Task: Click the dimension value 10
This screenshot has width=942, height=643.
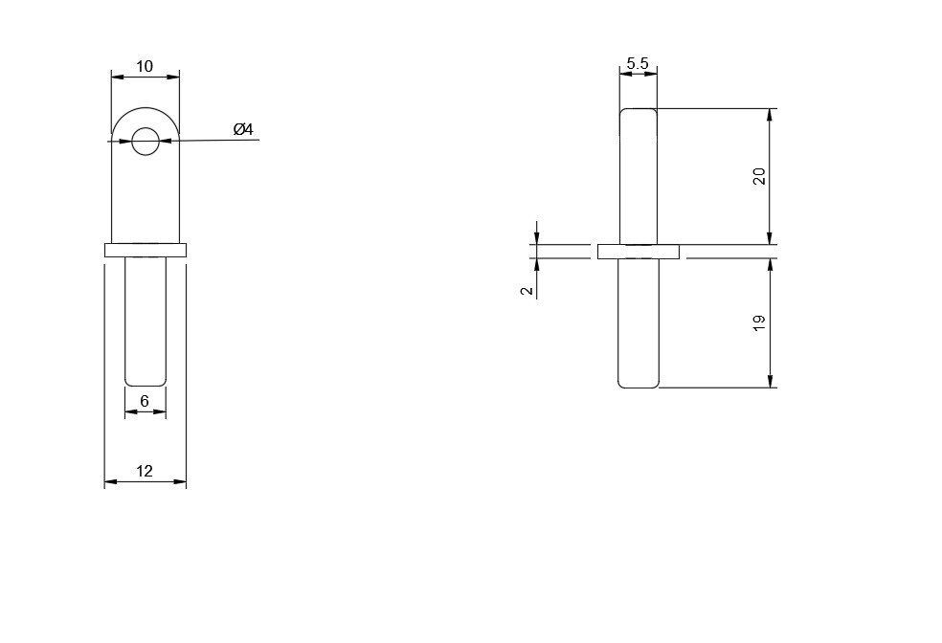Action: coord(145,66)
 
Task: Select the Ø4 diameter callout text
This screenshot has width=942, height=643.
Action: coord(243,129)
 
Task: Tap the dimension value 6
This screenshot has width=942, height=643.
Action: coord(145,401)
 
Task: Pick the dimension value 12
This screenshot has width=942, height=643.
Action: coord(145,471)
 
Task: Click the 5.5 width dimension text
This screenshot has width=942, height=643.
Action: coord(638,63)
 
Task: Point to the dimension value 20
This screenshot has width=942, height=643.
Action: coord(759,176)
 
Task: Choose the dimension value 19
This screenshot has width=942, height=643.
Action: coord(759,323)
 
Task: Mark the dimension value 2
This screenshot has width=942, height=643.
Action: coord(527,291)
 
